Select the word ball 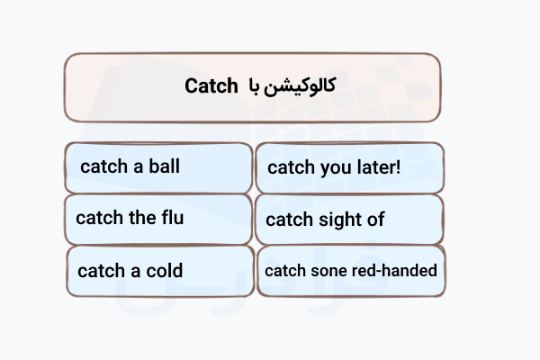(x=163, y=166)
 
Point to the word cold (x=163, y=270)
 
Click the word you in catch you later (x=330, y=167)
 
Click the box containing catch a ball (x=158, y=167)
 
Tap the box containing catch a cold (x=158, y=270)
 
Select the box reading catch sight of (x=349, y=219)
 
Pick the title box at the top (x=253, y=86)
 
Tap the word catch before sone (x=283, y=270)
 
